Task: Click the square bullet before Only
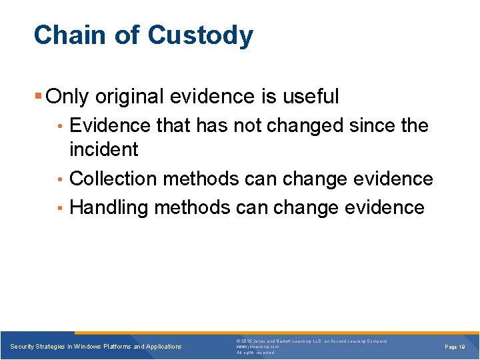point(39,97)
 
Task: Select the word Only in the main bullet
point(68,97)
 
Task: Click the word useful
point(310,97)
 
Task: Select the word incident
point(103,149)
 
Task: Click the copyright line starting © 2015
point(311,341)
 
